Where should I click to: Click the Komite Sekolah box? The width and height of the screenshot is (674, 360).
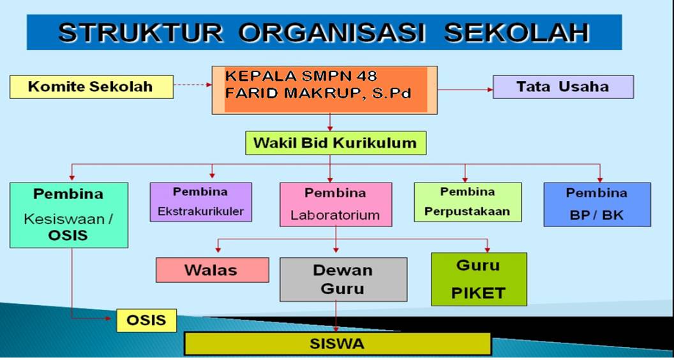[x=91, y=87]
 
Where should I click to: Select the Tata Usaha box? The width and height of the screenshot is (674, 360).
[x=563, y=87]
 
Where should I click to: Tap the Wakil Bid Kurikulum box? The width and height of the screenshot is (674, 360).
[x=336, y=143]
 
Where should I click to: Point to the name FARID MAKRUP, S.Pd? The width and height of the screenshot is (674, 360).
[x=318, y=93]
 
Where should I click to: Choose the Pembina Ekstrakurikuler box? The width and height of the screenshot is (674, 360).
[x=201, y=202]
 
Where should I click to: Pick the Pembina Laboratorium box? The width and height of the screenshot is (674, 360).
[x=336, y=204]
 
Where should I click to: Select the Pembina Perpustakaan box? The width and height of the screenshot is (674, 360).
[x=468, y=202]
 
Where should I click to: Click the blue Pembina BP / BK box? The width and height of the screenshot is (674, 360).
[x=597, y=204]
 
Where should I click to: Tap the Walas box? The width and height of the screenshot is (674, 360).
[x=213, y=270]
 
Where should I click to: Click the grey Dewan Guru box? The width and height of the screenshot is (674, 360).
[x=343, y=280]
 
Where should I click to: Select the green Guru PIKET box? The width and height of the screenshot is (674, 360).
[x=479, y=279]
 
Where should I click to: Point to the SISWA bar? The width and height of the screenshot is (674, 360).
[x=338, y=343]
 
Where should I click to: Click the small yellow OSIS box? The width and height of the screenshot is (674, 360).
[x=147, y=320]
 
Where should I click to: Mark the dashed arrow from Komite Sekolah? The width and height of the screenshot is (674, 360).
[x=193, y=85]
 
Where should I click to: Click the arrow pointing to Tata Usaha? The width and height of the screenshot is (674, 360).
[x=465, y=89]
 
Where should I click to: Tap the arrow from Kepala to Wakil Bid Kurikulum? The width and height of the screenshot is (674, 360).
[x=330, y=123]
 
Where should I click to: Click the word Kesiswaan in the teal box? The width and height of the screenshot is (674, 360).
[x=64, y=220]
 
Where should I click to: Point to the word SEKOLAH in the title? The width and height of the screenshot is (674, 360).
[x=516, y=32]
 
